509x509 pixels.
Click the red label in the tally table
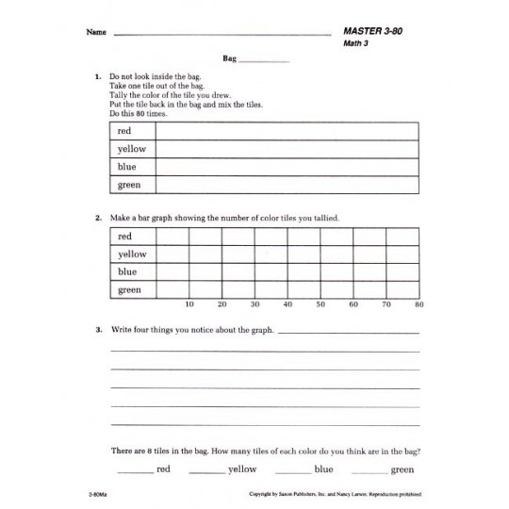tap(124, 131)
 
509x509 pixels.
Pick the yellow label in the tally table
tap(131, 149)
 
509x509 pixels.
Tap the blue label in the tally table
tap(126, 167)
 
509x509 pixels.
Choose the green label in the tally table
tap(129, 185)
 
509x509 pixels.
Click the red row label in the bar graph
tap(124, 236)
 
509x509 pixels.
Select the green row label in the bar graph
tap(129, 290)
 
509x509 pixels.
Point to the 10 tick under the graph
tap(189, 304)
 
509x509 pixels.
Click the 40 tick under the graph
tap(287, 304)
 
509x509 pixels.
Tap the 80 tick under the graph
tap(419, 304)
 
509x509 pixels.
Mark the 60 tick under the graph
tap(353, 304)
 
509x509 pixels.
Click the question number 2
tap(98, 218)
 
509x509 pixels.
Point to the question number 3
tap(98, 331)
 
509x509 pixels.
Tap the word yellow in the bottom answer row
tap(242, 468)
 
